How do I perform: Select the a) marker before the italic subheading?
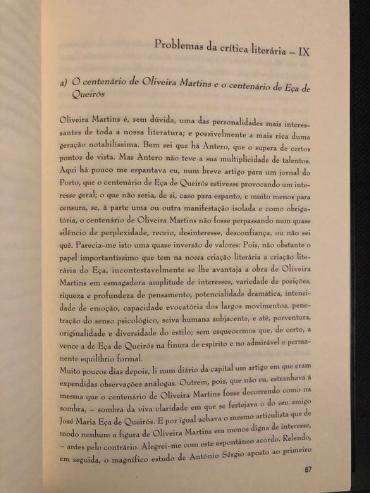[x=66, y=84]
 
